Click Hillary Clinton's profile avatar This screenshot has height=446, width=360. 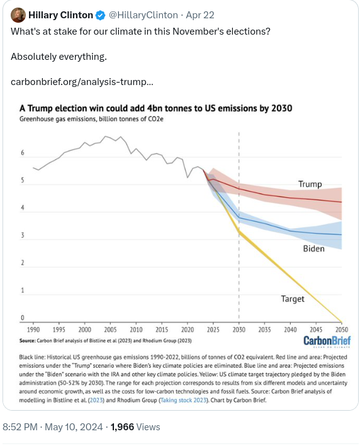[18, 14]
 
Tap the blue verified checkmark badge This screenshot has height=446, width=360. [100, 15]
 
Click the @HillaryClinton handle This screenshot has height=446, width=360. [143, 14]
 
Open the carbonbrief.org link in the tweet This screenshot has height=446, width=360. [82, 82]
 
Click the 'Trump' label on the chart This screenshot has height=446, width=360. [310, 184]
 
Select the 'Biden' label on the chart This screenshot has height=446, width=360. [313, 249]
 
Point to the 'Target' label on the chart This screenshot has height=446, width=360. [293, 299]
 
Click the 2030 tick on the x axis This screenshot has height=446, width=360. [239, 329]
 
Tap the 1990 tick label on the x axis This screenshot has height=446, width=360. [33, 329]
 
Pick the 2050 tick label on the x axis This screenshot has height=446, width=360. [342, 329]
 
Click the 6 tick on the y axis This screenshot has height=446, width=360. [23, 152]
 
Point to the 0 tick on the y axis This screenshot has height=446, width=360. [23, 317]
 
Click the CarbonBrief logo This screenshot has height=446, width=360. [327, 341]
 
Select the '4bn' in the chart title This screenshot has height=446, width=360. [155, 108]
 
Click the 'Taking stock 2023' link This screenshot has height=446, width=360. [183, 400]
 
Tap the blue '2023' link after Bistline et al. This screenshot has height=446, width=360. [96, 400]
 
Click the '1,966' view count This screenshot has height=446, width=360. [122, 427]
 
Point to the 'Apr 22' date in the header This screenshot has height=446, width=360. [200, 14]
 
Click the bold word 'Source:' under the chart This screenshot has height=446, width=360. [28, 340]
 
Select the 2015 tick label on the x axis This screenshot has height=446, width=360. [162, 329]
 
